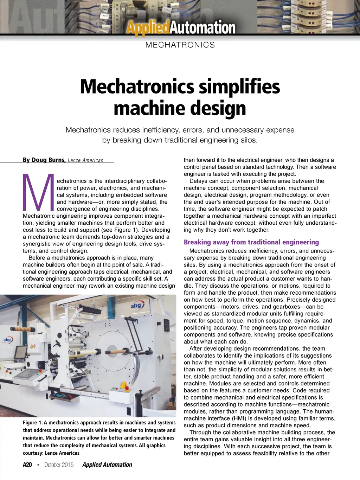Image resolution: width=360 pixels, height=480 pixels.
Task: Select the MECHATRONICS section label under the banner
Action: pos(180,45)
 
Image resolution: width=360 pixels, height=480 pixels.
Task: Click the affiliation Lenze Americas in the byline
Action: pos(85,160)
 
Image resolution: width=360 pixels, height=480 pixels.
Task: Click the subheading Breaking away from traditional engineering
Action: pos(251,242)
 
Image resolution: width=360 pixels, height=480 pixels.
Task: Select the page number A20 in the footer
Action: pos(27,465)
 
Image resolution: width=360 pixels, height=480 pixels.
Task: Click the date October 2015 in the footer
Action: pos(59,465)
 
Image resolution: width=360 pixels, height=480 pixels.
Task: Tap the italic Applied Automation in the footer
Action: pos(107,465)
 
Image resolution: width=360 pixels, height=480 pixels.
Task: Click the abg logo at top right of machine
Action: pos(136,306)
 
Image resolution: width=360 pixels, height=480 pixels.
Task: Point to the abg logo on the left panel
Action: pos(7,340)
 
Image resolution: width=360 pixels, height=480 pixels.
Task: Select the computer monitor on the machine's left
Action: pos(20,352)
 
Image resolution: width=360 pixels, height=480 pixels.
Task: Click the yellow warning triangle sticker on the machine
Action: pos(33,346)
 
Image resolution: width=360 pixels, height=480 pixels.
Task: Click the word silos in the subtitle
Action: pos(247,140)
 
